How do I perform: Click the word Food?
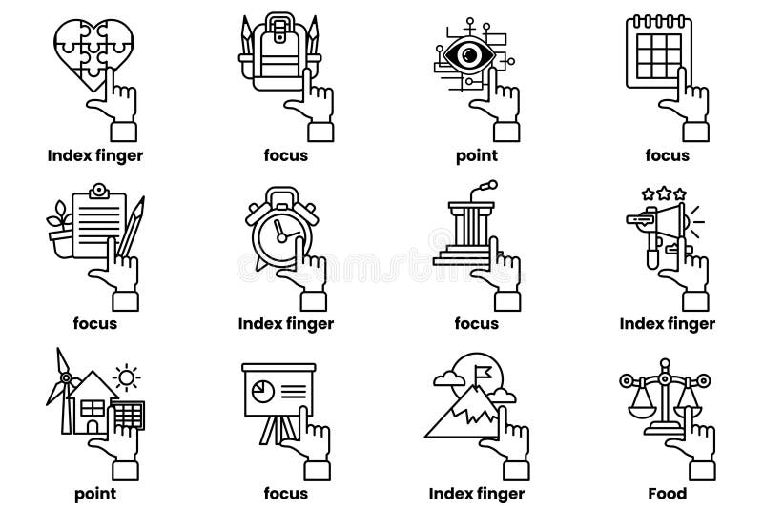[667, 493]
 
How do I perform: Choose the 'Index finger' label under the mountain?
[476, 493]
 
